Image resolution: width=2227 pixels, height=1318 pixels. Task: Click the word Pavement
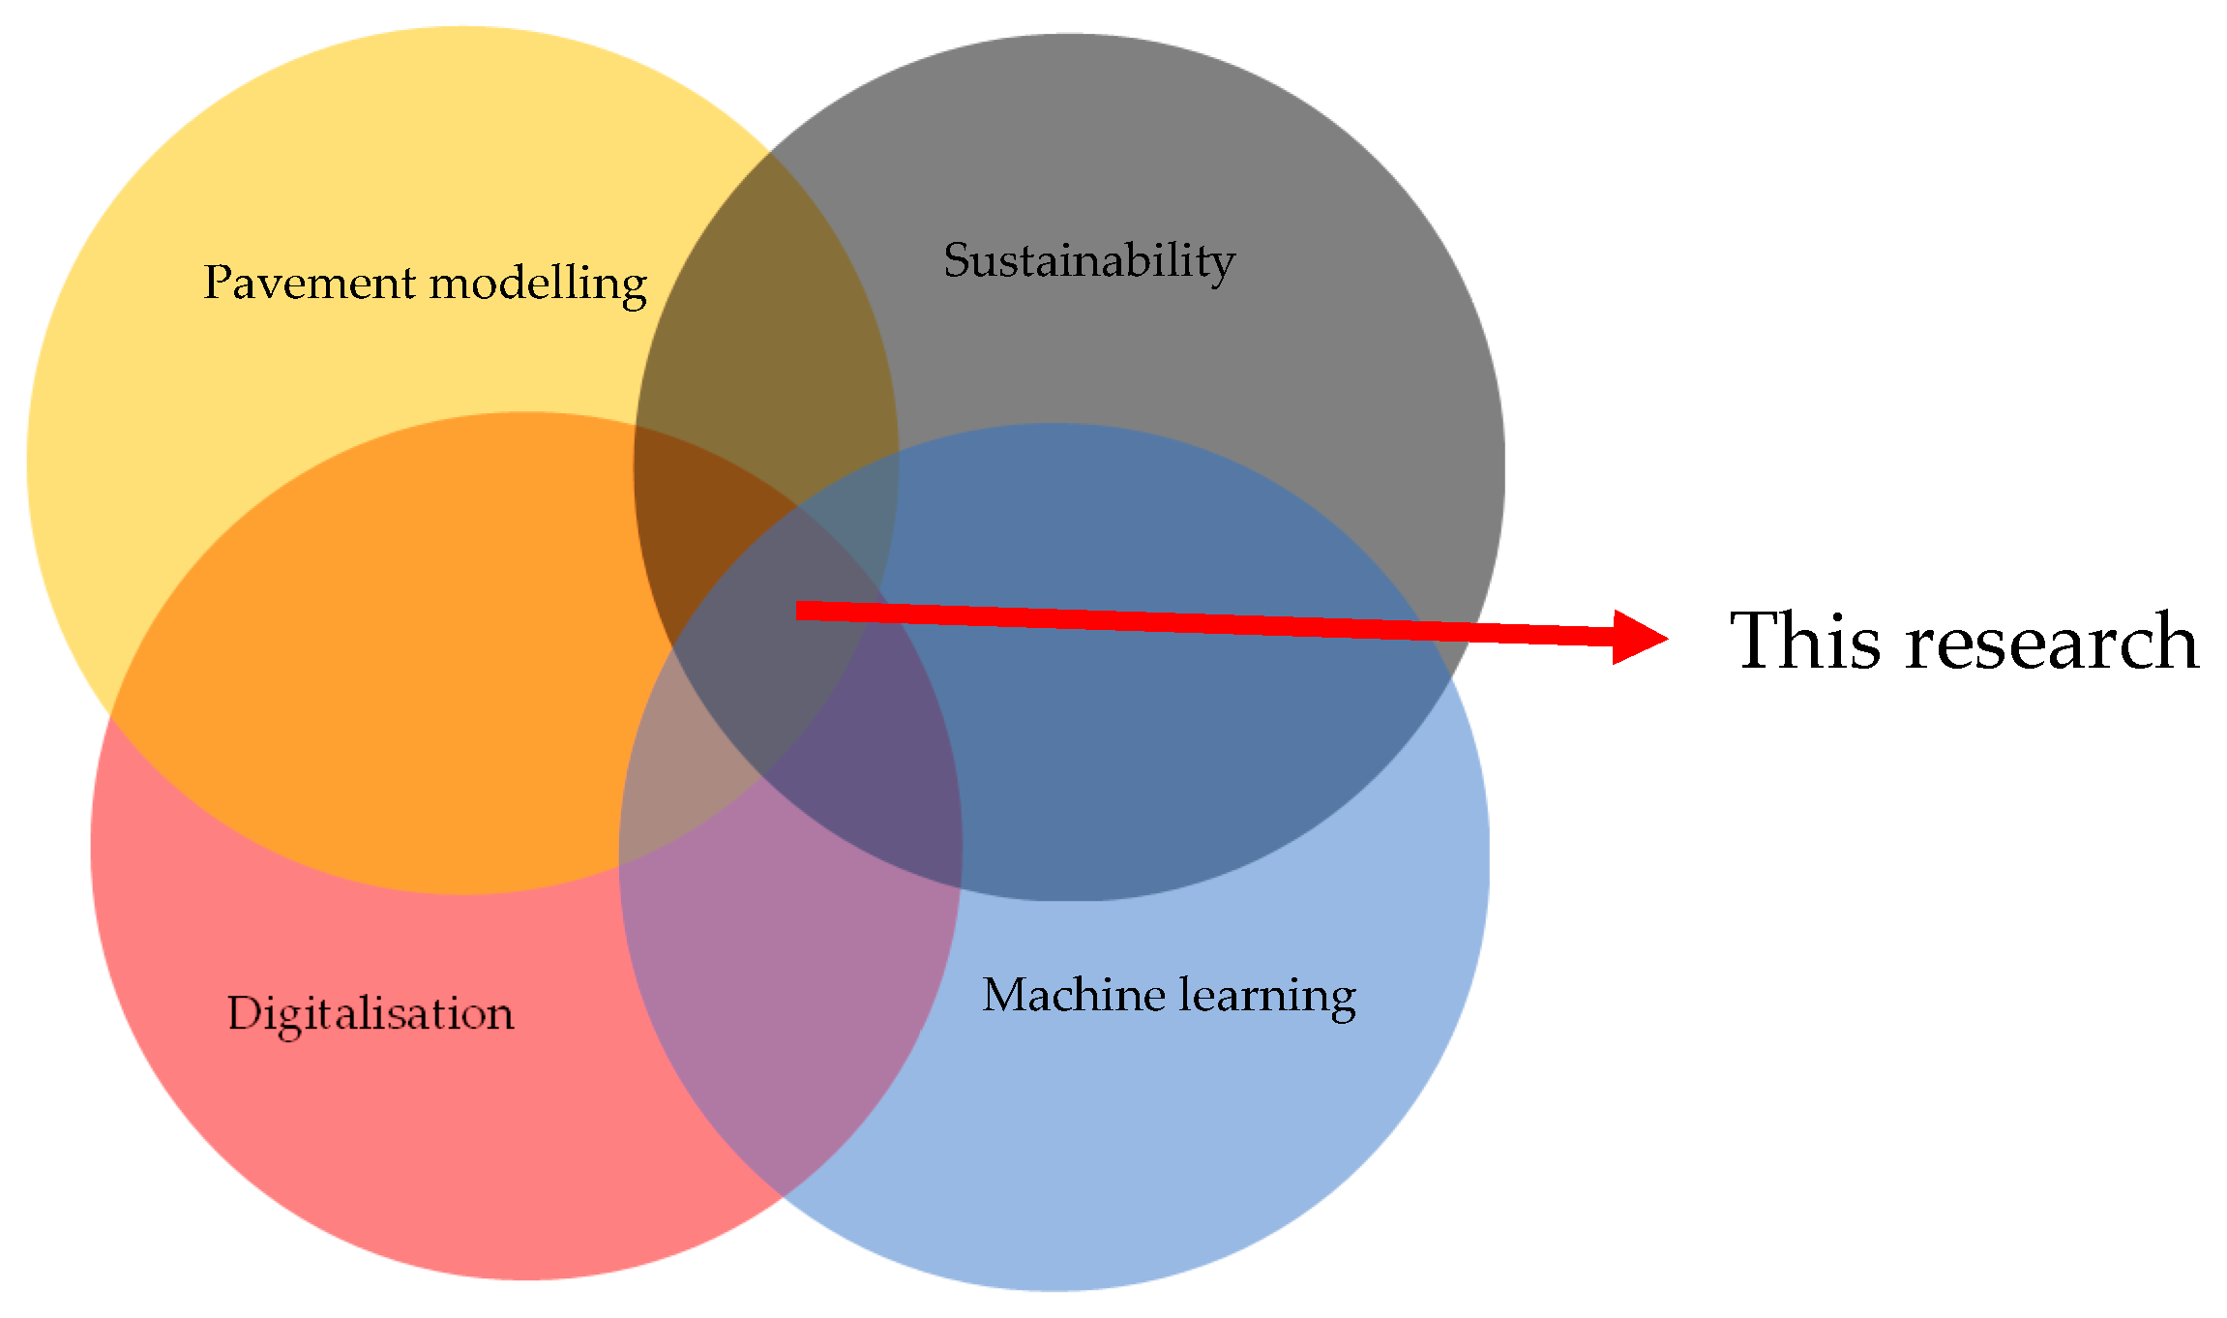(x=310, y=283)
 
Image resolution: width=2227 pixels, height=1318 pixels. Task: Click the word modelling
(x=538, y=285)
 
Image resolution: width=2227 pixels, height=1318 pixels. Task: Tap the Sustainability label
(x=1088, y=260)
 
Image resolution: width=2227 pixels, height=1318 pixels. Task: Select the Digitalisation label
(x=371, y=1013)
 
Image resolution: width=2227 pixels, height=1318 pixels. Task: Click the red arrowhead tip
(x=1666, y=638)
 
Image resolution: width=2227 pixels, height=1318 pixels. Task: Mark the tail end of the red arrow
(x=799, y=610)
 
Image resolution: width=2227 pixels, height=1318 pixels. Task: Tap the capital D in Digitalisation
(x=244, y=1013)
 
